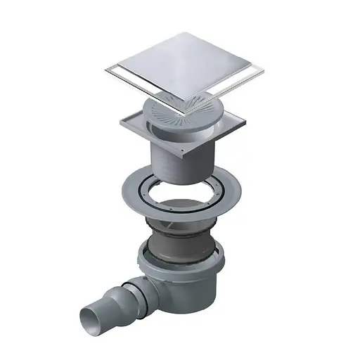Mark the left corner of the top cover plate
[x=105, y=69]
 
